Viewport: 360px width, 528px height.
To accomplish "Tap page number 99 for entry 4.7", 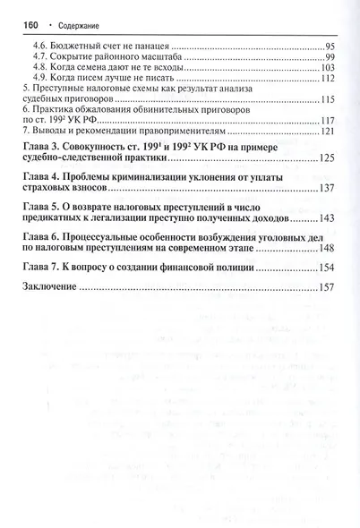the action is pyautogui.click(x=329, y=56).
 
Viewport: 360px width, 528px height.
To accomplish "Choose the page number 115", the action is pyautogui.click(x=326, y=100).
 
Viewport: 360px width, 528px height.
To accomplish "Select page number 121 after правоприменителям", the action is pyautogui.click(x=326, y=132).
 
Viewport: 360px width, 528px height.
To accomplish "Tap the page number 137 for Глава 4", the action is pyautogui.click(x=326, y=188).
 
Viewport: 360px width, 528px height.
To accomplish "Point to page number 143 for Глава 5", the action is pyautogui.click(x=326, y=218).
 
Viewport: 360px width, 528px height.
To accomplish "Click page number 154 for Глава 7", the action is pyautogui.click(x=326, y=268).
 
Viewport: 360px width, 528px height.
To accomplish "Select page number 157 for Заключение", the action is pyautogui.click(x=326, y=288).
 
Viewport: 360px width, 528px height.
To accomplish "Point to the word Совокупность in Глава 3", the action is pyautogui.click(x=98, y=145).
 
